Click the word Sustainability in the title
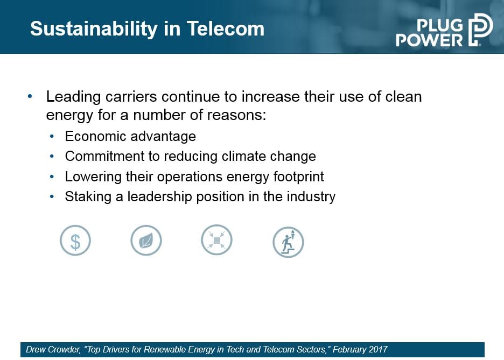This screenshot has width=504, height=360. point(94,30)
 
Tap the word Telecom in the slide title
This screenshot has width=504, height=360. point(225,29)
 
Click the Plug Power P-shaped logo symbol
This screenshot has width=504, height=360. point(480,30)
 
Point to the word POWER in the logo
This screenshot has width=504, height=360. point(430,40)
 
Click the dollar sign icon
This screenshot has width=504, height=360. point(75,241)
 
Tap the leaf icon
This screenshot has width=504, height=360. point(146,240)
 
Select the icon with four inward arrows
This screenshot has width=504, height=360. point(216,240)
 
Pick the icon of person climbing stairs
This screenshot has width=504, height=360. point(288,242)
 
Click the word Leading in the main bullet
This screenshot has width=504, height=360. point(74,97)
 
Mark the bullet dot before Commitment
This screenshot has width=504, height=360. point(52,157)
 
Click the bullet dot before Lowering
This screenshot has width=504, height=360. point(52,177)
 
